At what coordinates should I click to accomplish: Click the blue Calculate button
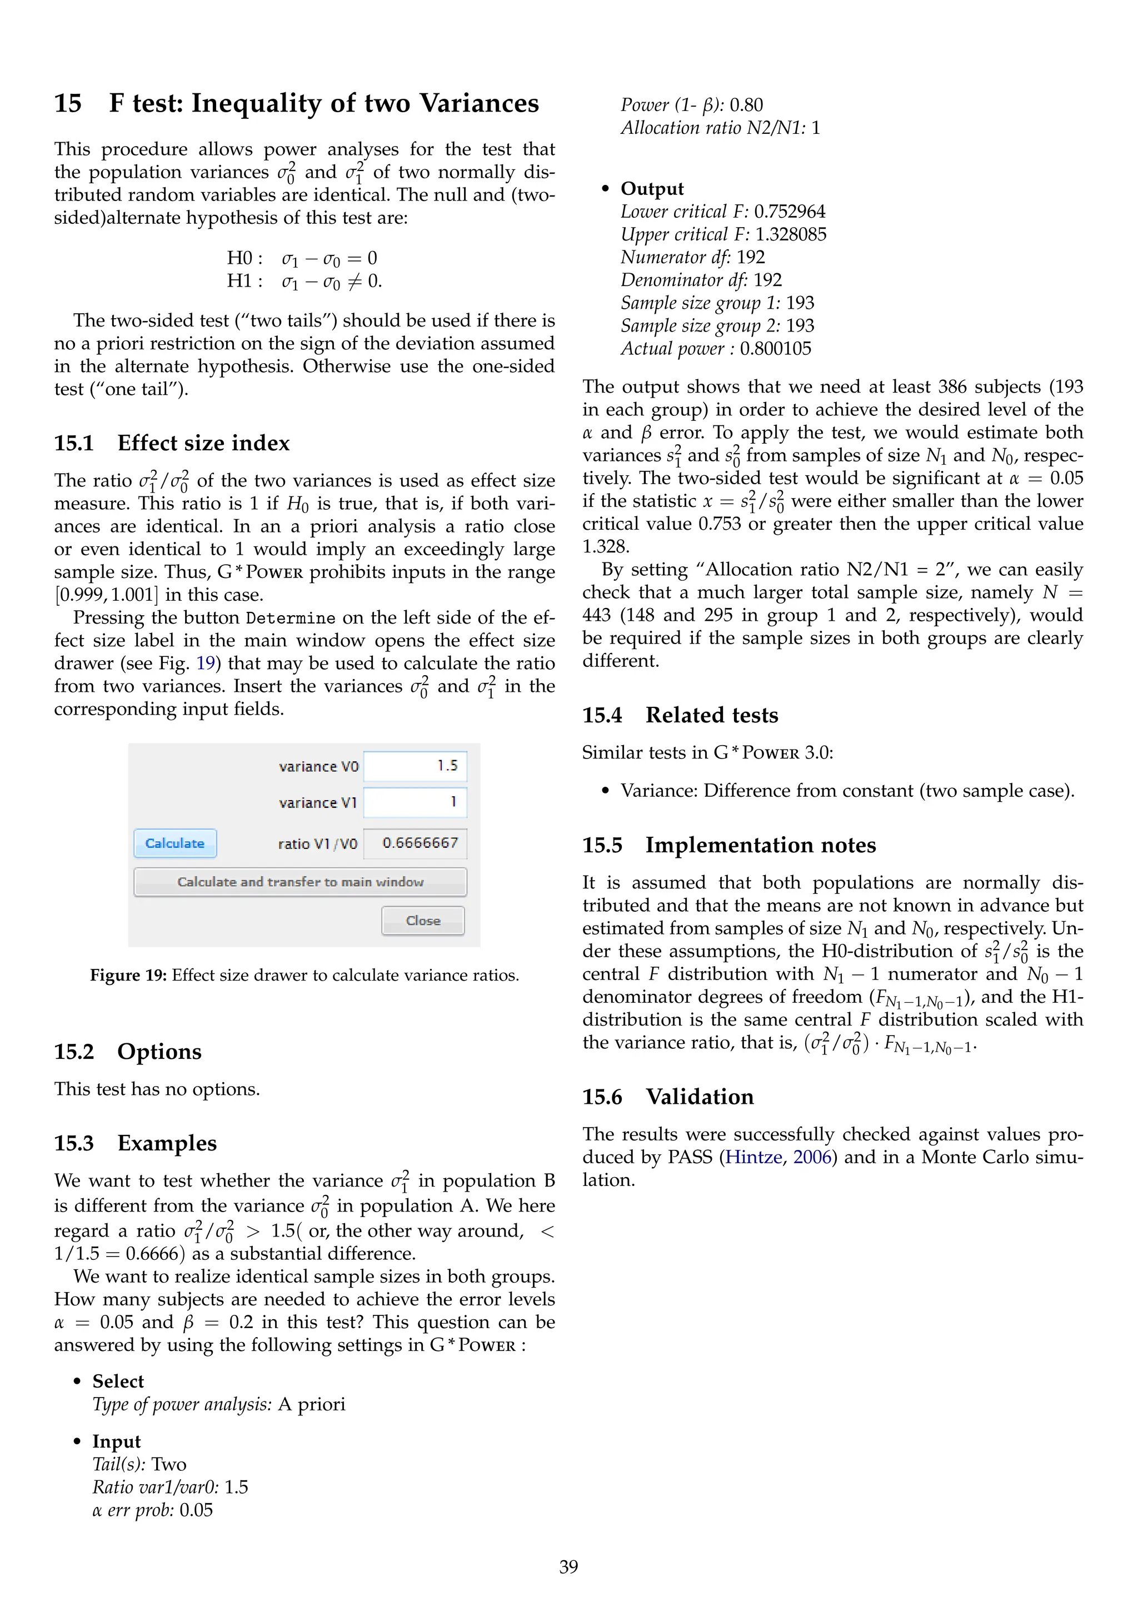coord(174,843)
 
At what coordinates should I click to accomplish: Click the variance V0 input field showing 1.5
coord(415,766)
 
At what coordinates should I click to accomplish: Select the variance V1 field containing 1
coord(415,802)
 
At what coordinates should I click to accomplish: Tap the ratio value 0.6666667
coord(419,842)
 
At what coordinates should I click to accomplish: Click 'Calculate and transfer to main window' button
coord(300,882)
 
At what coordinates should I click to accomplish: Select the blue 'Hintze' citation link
coord(753,1157)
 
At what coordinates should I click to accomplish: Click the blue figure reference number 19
coord(205,663)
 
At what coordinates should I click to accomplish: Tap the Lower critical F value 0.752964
coord(789,212)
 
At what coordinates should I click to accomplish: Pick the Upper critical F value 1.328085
coord(791,235)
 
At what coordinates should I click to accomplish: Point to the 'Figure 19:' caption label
coord(128,976)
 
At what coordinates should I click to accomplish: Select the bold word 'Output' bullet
coord(652,189)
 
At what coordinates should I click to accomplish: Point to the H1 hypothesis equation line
coord(304,282)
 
